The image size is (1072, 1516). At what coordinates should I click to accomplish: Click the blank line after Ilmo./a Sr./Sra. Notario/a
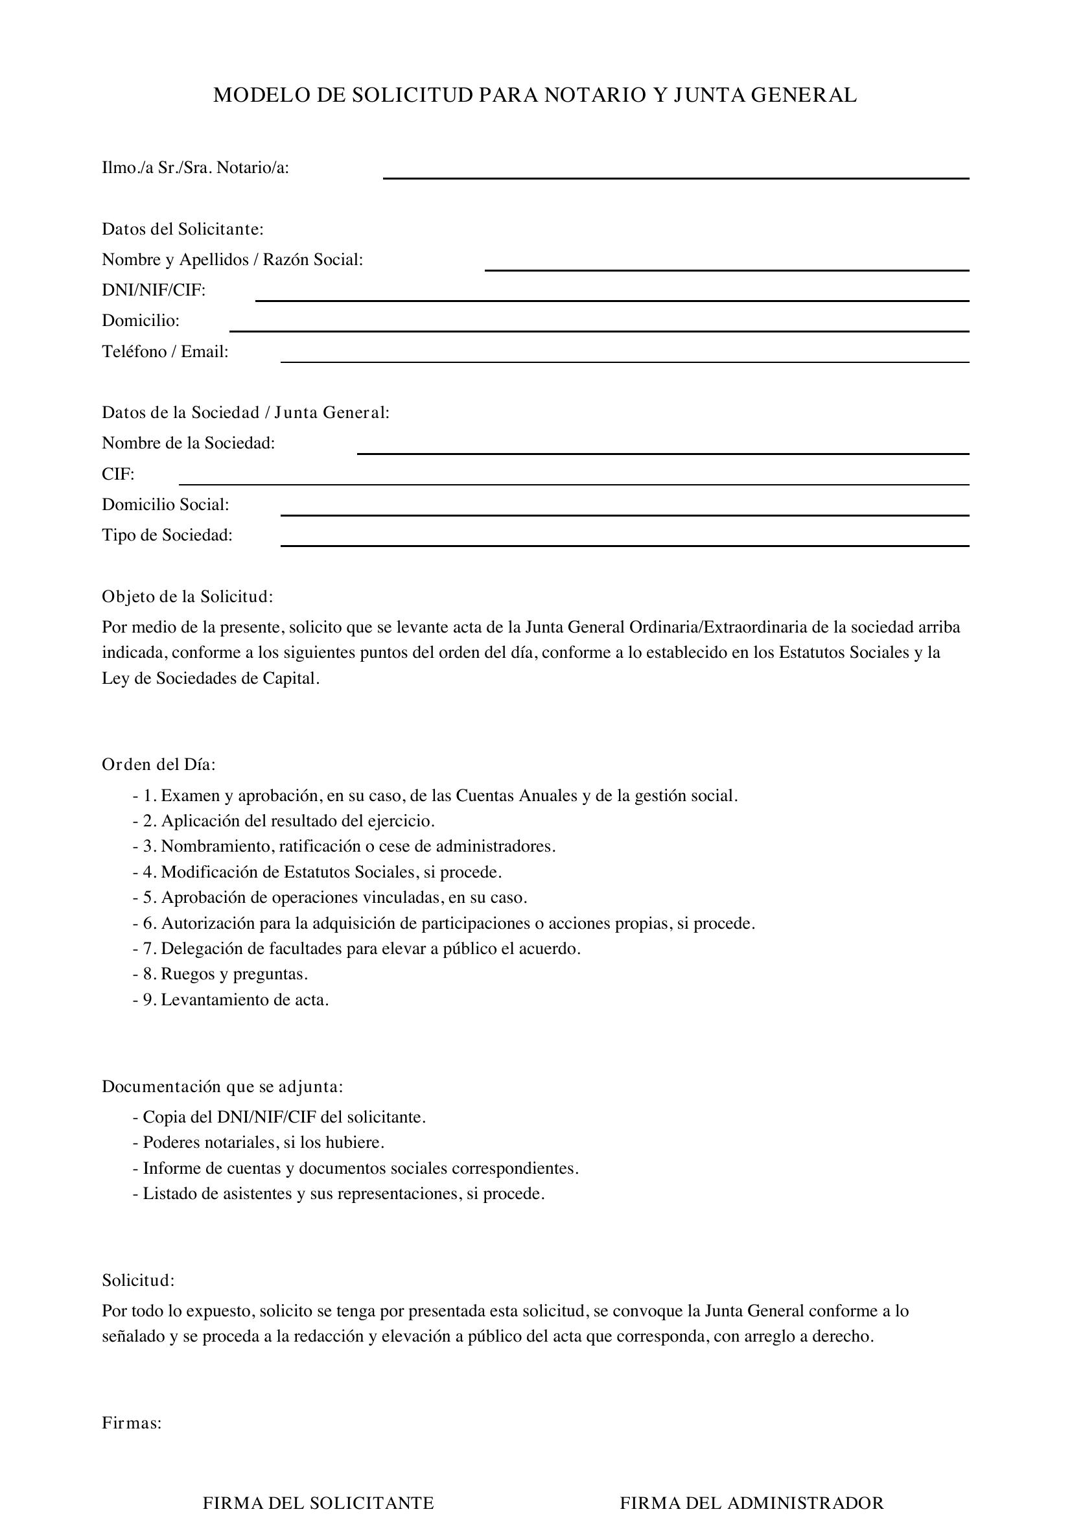[x=675, y=176]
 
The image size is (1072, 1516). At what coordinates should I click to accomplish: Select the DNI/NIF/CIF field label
[x=154, y=290]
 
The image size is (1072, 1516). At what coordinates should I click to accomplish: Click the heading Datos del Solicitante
[x=182, y=230]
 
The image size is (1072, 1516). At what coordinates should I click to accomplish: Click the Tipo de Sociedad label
[x=167, y=535]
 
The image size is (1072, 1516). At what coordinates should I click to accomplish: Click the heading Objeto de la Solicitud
[x=187, y=597]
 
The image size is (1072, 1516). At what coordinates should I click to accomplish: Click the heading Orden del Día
[x=158, y=765]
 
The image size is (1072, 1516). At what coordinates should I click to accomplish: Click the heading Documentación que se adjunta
[x=222, y=1087]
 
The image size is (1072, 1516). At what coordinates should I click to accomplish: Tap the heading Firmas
[x=132, y=1423]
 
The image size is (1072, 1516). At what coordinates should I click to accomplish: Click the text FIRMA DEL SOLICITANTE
[x=318, y=1504]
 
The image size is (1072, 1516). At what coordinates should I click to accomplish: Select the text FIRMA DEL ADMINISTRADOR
[x=751, y=1504]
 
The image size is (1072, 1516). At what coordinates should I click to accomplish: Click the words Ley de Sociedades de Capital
[x=210, y=679]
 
